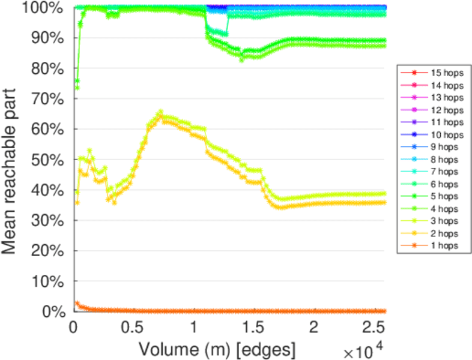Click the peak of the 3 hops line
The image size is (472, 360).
160,112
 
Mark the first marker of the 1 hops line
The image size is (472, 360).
77,304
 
